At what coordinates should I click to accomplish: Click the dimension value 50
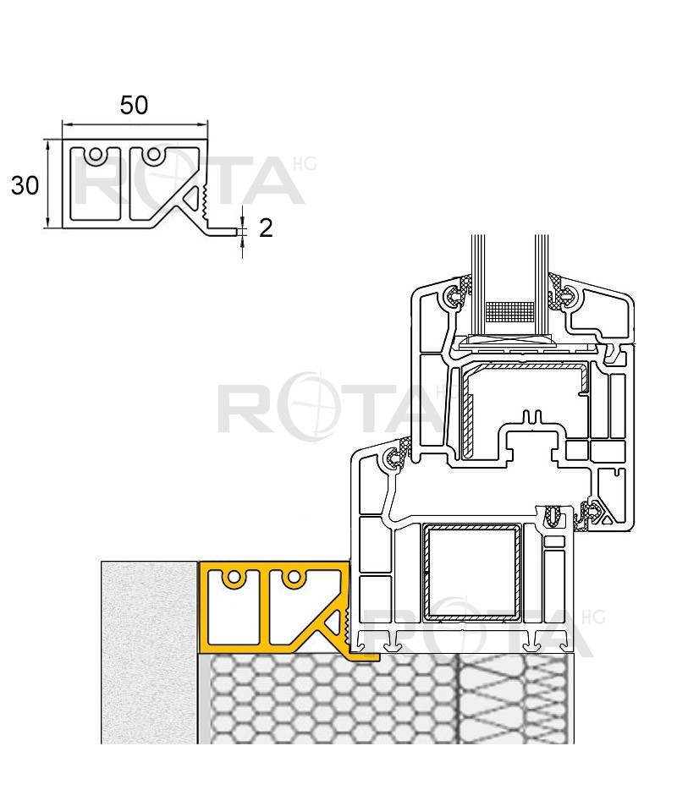click(135, 105)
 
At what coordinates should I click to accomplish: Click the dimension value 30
click(25, 185)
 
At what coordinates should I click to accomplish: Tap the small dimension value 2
click(265, 228)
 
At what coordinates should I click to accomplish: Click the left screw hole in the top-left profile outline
click(95, 154)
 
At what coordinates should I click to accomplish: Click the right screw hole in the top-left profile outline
click(154, 154)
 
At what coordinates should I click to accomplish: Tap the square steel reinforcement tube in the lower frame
click(472, 572)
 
